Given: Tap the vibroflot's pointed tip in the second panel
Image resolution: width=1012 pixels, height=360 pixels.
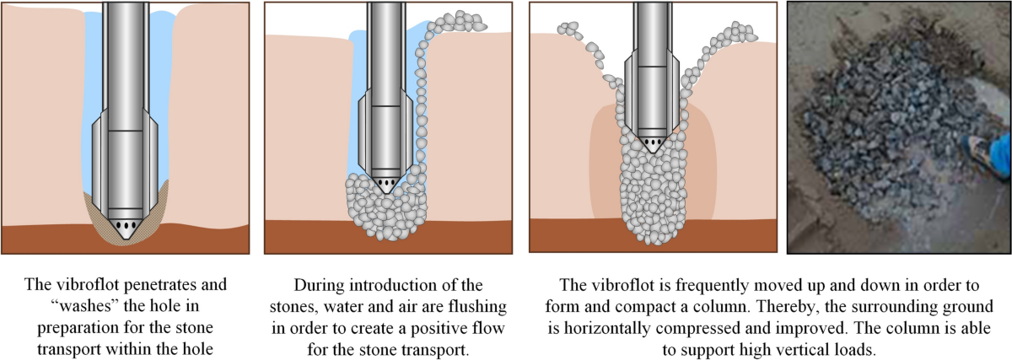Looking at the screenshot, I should click(x=385, y=191).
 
